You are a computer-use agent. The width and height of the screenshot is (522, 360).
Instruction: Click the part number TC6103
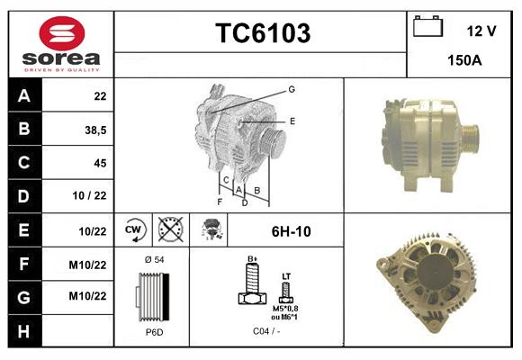point(262,33)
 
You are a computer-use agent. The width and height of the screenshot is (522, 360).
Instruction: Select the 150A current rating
point(464,60)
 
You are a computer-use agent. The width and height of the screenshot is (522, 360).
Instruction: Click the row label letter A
point(22,95)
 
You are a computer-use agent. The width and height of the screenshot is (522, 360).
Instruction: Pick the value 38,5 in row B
point(95,130)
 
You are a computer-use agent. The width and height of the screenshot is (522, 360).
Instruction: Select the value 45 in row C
point(100,163)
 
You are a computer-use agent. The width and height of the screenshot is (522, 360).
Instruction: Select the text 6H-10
point(292,231)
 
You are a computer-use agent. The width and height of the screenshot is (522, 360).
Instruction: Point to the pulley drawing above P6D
point(151,296)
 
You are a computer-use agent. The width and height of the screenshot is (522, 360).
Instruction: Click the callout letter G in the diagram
point(292,89)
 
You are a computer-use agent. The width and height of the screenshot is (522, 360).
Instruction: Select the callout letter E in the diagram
point(292,121)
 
